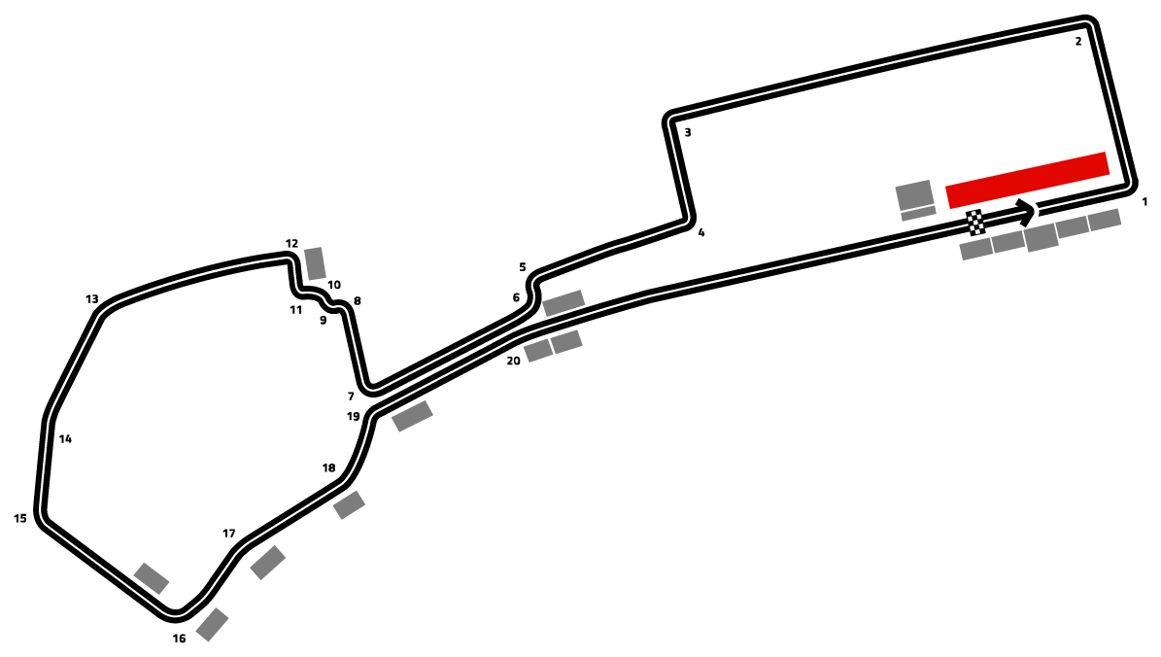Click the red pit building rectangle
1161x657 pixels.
[1028, 180]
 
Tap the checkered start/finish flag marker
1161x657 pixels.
[975, 223]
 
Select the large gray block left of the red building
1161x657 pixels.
[914, 194]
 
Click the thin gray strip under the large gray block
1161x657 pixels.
[918, 213]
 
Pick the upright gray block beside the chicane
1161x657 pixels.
[315, 263]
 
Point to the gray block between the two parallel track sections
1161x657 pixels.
[563, 303]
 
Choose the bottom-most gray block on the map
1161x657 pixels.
[212, 624]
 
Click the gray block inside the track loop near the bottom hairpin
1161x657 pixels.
[152, 578]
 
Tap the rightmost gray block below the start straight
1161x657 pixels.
[1104, 220]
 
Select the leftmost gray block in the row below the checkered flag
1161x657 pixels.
[976, 249]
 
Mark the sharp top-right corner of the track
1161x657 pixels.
[1088, 24]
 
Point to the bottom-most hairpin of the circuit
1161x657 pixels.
[175, 613]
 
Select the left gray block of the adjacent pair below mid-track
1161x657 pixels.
[537, 350]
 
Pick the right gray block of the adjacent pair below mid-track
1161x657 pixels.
[566, 342]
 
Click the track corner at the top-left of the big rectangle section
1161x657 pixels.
[671, 120]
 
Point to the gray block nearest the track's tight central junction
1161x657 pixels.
[412, 416]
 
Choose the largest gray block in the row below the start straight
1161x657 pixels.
[1041, 237]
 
